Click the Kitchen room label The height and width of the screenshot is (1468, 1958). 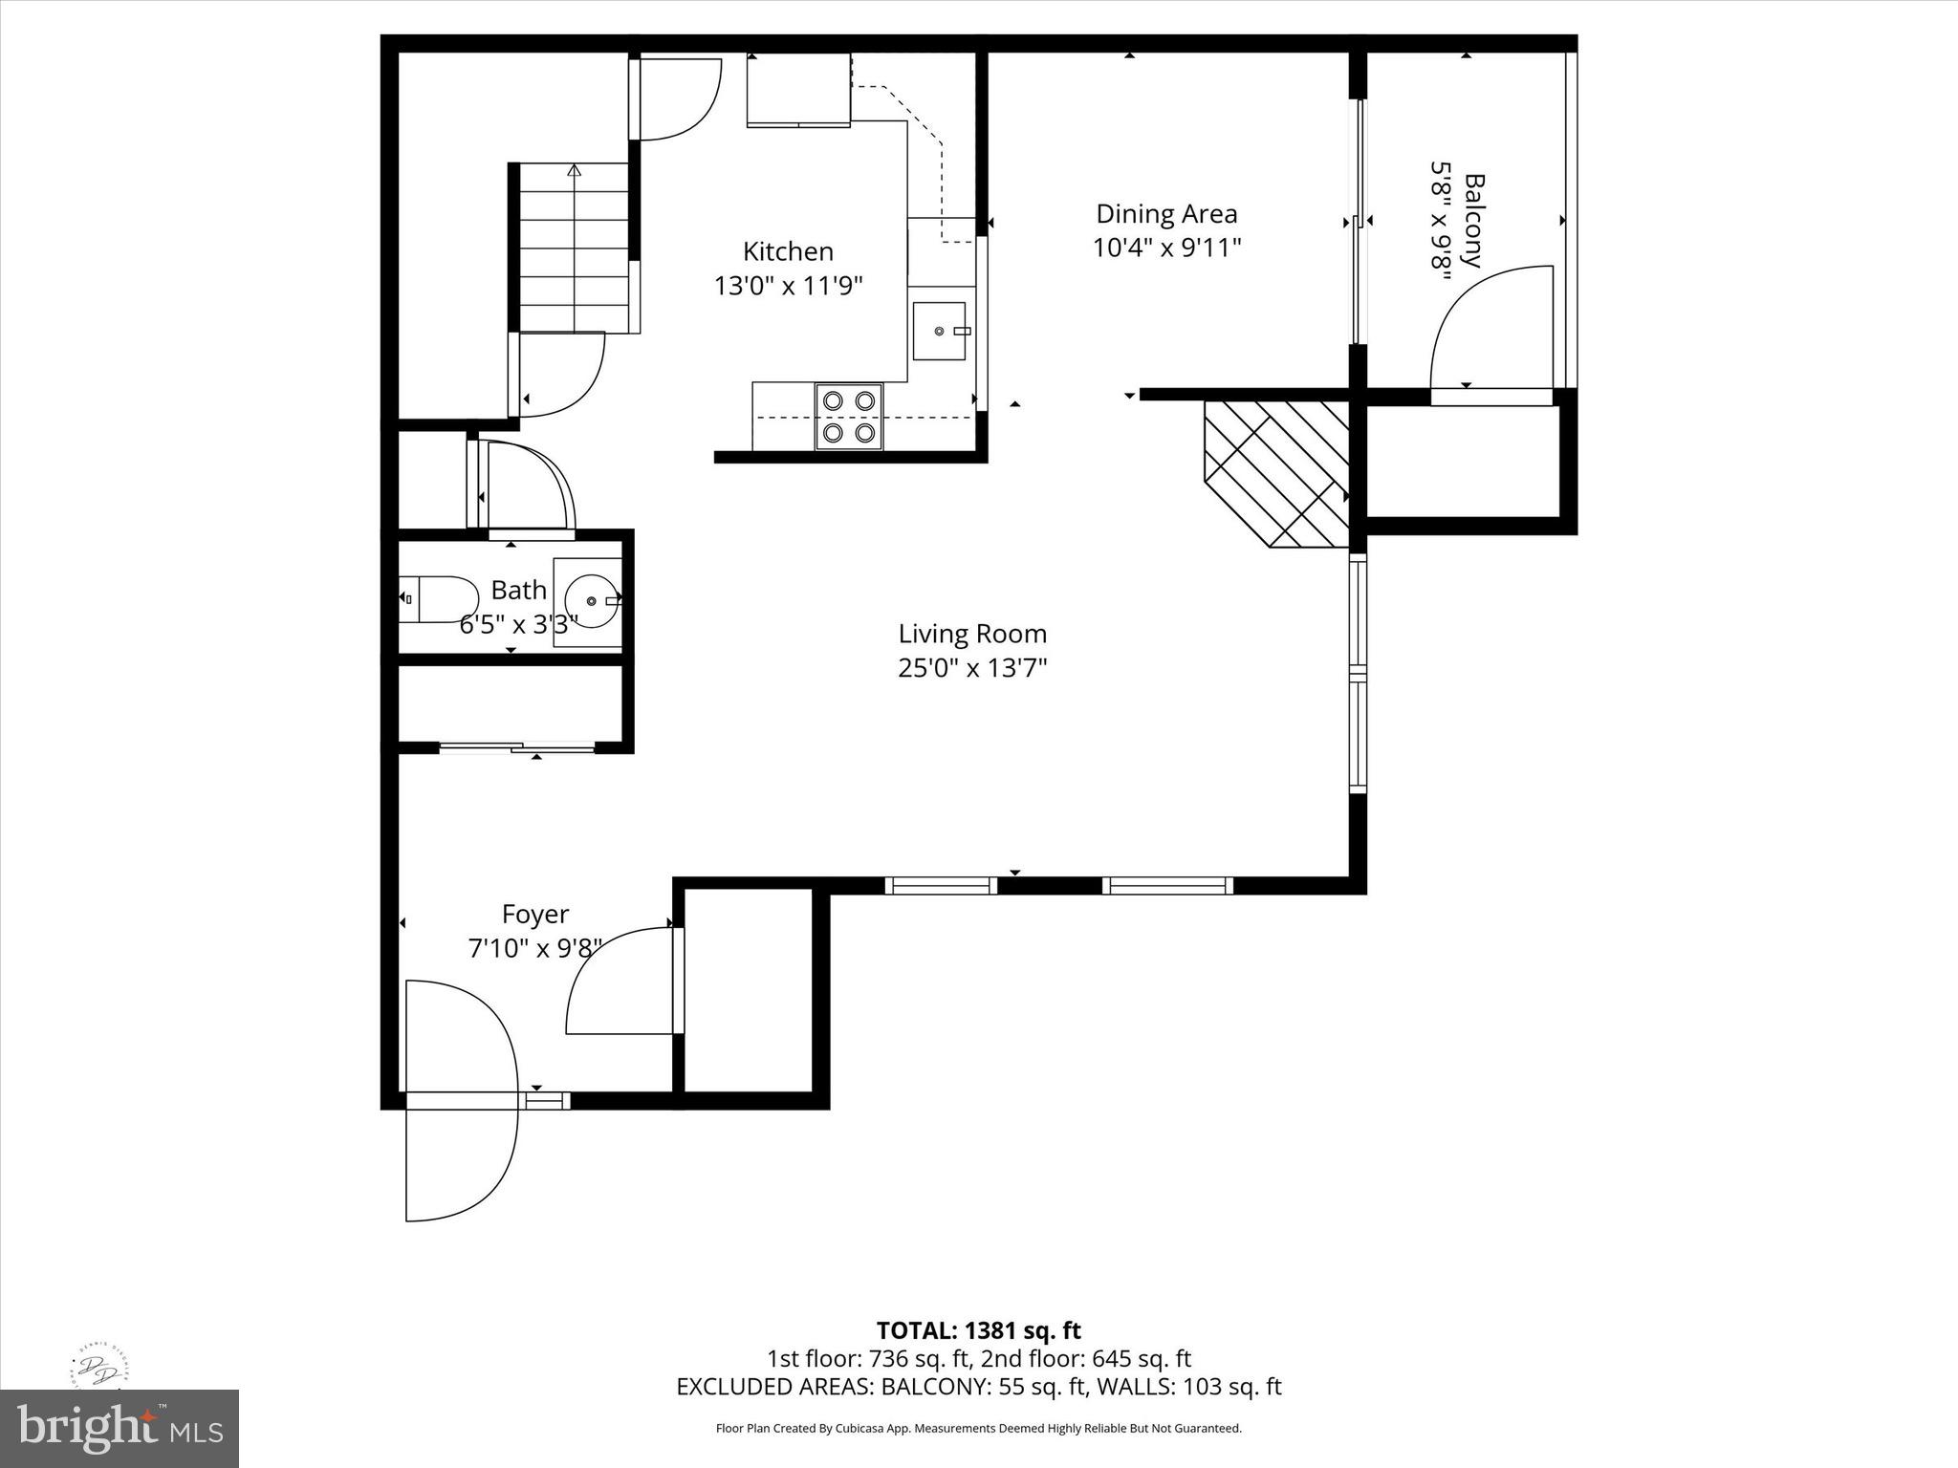[788, 251]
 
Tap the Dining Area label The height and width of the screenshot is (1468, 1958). [1166, 213]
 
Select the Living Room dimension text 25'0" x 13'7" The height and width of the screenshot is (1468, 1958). [972, 667]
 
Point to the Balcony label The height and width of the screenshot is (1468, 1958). [1473, 221]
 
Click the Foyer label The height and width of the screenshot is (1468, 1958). [535, 915]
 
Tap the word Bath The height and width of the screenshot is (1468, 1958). [518, 590]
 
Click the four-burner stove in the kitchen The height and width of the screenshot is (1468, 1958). [849, 417]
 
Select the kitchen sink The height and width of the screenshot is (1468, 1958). [939, 331]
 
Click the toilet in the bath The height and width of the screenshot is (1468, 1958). [438, 599]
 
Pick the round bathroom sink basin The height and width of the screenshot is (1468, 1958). [591, 600]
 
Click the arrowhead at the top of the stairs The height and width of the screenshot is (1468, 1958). [574, 170]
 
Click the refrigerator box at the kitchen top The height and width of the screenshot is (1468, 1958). [798, 89]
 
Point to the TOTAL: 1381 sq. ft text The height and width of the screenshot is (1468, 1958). [978, 1330]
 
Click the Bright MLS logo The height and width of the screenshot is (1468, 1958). [119, 1428]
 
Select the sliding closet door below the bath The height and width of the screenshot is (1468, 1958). [516, 746]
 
